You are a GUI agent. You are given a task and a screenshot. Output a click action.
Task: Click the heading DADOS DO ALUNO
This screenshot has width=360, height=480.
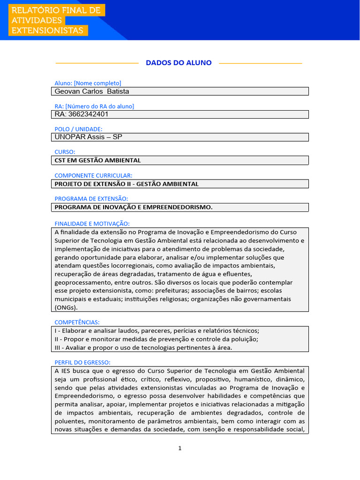(179, 63)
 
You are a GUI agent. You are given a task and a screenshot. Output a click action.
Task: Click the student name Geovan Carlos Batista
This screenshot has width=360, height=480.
(92, 91)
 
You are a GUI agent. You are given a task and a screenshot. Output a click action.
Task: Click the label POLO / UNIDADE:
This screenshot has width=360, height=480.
(78, 129)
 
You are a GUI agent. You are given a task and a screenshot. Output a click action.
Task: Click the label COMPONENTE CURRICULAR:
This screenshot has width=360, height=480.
(93, 175)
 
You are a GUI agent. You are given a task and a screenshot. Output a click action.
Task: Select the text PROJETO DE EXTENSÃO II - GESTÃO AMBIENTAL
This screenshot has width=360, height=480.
(127, 184)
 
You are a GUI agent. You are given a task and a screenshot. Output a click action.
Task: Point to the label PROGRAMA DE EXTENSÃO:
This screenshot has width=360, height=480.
(91, 199)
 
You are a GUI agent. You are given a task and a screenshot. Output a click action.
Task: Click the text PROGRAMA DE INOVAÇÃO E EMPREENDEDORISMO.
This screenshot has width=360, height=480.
(134, 207)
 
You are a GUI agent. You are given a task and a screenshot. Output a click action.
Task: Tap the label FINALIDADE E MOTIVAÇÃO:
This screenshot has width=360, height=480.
(92, 224)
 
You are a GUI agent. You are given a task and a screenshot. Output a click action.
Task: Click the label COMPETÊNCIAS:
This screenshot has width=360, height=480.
(77, 322)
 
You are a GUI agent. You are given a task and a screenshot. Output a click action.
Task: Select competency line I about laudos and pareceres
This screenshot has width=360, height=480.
(157, 330)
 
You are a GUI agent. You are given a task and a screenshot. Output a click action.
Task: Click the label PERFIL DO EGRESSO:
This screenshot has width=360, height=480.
(82, 362)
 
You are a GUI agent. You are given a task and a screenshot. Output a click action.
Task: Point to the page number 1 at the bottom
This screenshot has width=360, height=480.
(180, 448)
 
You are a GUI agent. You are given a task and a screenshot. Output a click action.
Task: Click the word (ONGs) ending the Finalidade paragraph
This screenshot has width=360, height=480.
(66, 307)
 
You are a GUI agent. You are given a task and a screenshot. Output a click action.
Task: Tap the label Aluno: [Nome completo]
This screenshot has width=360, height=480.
(88, 83)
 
